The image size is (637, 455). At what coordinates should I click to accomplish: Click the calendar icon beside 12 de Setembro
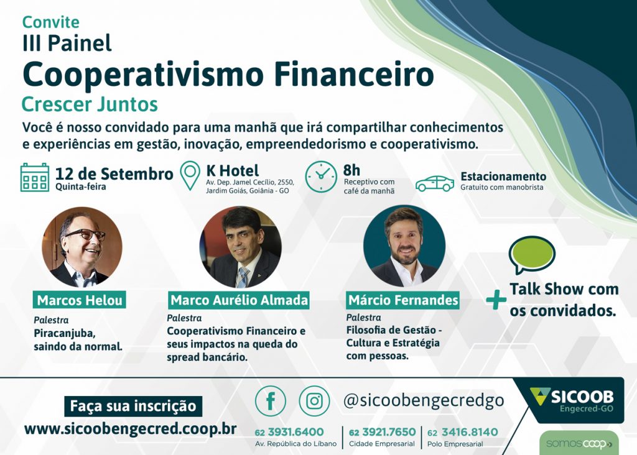tap(35, 177)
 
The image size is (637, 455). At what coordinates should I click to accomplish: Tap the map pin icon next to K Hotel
tap(190, 175)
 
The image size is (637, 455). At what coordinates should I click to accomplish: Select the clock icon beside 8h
tap(321, 177)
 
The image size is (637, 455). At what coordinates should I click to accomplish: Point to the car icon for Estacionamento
tap(435, 183)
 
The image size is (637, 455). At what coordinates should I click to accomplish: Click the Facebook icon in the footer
tap(271, 401)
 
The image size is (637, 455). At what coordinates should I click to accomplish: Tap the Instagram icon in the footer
tap(314, 401)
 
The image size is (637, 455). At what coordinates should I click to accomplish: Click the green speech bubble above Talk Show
tap(532, 255)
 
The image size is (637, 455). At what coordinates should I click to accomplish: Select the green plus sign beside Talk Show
tap(496, 300)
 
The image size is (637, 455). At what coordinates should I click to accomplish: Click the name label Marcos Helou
tap(79, 300)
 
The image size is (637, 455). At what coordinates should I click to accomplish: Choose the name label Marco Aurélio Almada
tap(239, 300)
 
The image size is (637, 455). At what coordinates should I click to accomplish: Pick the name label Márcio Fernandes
tap(403, 300)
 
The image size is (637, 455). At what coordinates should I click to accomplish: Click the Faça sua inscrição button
tap(133, 406)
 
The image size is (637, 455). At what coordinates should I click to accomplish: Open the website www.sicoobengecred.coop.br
tap(131, 429)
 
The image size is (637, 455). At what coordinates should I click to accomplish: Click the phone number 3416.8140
tap(469, 432)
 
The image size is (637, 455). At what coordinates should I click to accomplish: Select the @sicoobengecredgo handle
tap(424, 401)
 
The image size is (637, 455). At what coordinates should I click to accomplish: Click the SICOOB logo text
tap(582, 397)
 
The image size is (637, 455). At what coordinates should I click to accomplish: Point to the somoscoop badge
tap(579, 444)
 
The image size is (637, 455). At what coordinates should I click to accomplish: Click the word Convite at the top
tap(51, 22)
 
